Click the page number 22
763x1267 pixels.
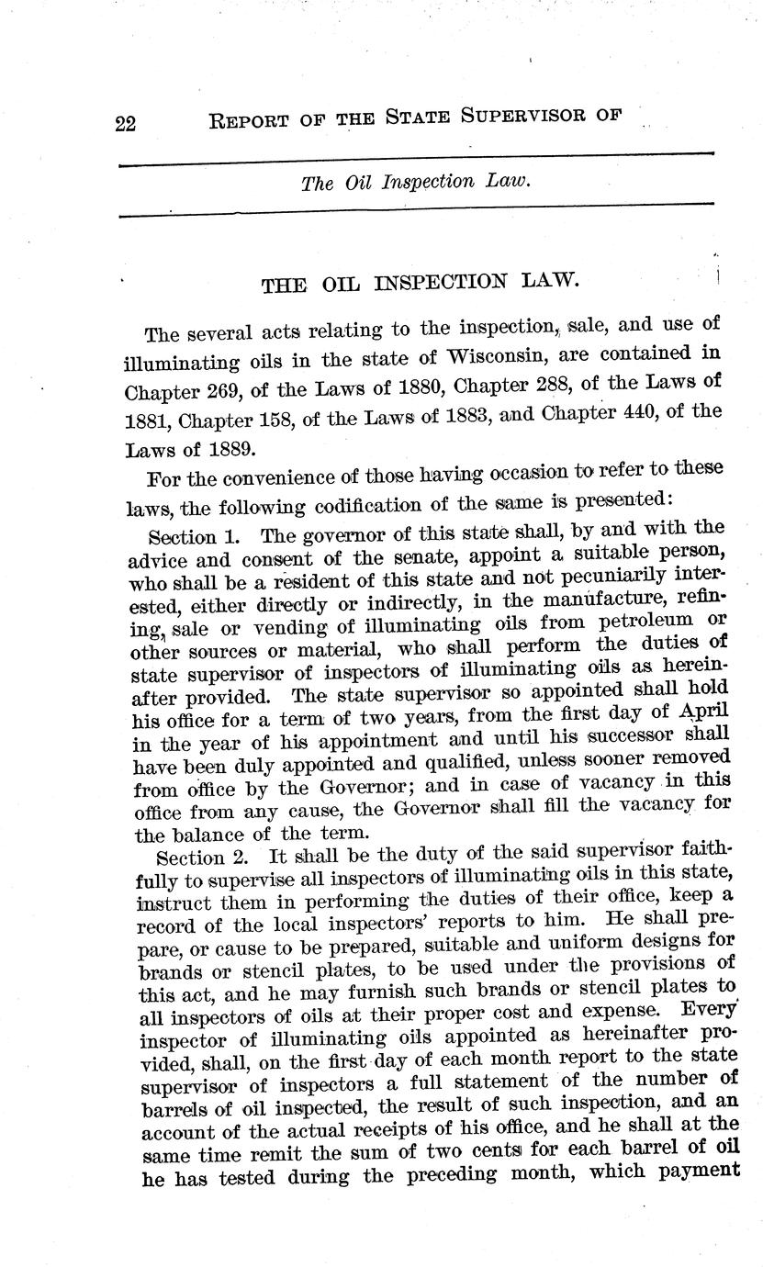click(x=126, y=123)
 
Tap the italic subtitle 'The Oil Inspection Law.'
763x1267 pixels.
click(x=416, y=182)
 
